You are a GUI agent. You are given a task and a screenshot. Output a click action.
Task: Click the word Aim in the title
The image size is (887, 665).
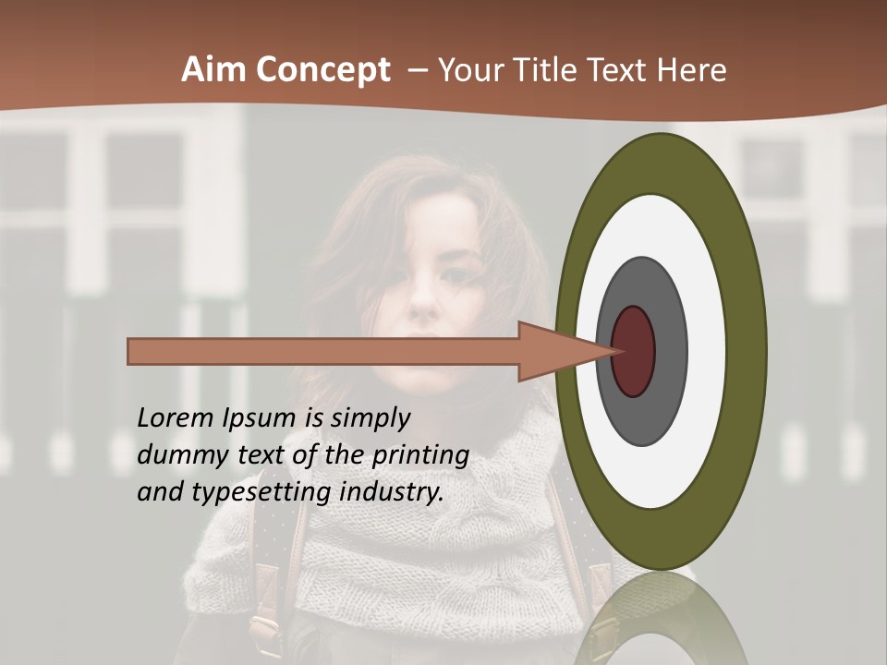pyautogui.click(x=214, y=70)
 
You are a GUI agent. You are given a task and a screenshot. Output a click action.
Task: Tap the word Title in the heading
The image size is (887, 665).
pyautogui.click(x=552, y=70)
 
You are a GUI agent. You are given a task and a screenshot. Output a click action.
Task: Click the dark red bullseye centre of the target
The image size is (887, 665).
pyautogui.click(x=634, y=351)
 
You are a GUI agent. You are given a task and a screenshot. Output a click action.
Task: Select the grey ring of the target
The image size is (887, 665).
pyautogui.click(x=669, y=351)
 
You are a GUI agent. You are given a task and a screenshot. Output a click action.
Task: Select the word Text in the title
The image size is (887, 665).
pyautogui.click(x=618, y=70)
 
